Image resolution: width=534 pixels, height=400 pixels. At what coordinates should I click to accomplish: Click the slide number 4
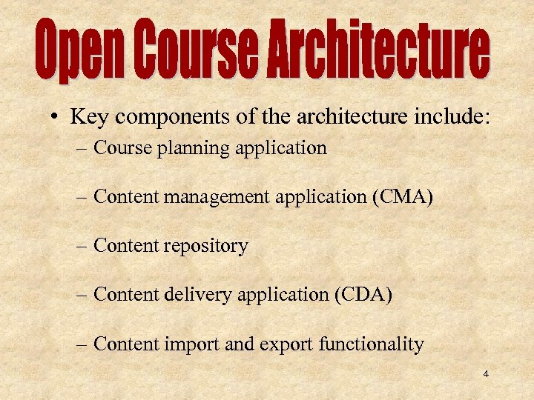click(486, 374)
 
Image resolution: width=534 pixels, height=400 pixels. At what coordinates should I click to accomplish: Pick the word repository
click(211, 247)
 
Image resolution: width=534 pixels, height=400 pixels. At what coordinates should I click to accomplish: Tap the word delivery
click(197, 296)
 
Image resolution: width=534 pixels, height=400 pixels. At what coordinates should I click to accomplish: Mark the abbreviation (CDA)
click(363, 296)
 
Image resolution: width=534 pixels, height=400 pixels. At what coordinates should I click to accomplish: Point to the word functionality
click(372, 344)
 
